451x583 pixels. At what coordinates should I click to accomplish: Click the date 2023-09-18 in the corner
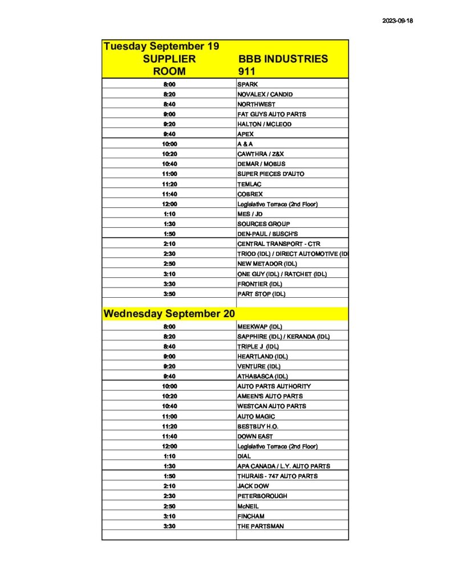tap(397, 21)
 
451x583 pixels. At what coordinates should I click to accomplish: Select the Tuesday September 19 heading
tap(161, 46)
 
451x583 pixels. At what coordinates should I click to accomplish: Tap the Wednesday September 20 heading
tap(169, 314)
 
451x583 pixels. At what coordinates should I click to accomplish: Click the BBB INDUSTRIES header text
tap(282, 59)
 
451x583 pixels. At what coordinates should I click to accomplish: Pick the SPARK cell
tap(247, 84)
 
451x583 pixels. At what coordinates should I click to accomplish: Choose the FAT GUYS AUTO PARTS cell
tap(271, 114)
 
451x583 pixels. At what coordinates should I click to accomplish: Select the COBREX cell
tap(250, 194)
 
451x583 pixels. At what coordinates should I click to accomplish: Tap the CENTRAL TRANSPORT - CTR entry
tap(279, 244)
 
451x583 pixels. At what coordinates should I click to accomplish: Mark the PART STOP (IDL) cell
tap(261, 294)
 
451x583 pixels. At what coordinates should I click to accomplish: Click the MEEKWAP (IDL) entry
tap(259, 327)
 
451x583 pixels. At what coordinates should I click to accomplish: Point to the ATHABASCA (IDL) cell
tap(263, 376)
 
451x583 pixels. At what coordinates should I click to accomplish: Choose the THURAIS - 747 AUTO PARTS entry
tap(277, 476)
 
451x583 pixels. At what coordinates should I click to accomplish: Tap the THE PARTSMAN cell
tap(260, 526)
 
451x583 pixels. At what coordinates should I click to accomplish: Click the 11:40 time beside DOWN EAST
tap(169, 436)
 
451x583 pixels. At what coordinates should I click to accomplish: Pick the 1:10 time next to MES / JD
tap(169, 214)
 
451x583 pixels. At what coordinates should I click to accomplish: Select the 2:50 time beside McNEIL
tap(169, 506)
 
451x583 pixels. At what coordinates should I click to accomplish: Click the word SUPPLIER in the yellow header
tap(169, 59)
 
